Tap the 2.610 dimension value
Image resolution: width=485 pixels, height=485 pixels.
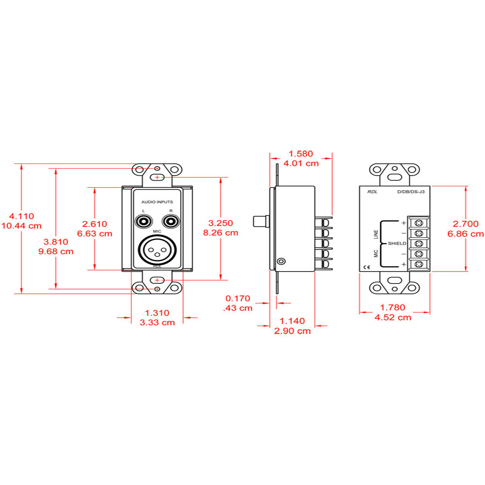95,224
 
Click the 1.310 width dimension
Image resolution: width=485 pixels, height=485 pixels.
157,313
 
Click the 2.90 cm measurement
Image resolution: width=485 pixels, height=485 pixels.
293,331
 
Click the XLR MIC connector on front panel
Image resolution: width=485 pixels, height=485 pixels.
157,250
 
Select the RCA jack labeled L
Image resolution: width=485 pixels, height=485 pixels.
144,222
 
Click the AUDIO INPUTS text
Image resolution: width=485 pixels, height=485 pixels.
157,201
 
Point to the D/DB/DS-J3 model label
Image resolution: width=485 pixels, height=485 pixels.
411,192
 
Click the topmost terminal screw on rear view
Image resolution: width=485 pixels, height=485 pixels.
418,223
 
